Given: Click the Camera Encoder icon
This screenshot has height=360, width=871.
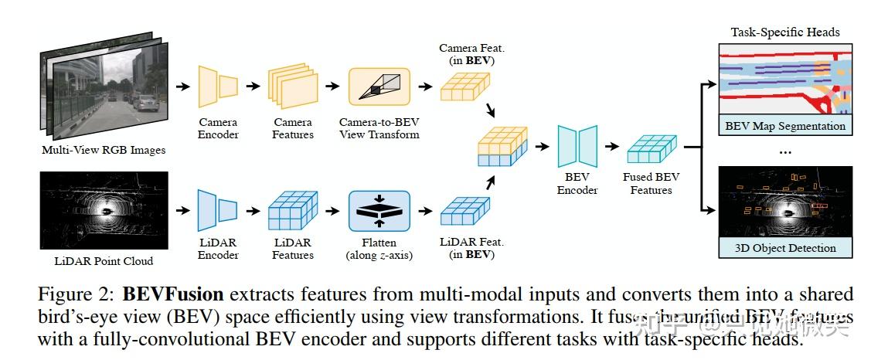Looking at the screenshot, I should pyautogui.click(x=218, y=86).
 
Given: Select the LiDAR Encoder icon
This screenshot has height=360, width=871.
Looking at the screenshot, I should pyautogui.click(x=218, y=209).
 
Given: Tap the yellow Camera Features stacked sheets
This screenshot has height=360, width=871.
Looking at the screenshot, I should pyautogui.click(x=293, y=87).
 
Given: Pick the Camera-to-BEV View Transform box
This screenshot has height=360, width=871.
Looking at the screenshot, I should pyautogui.click(x=379, y=87).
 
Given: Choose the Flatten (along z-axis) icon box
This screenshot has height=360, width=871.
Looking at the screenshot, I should pyautogui.click(x=379, y=209).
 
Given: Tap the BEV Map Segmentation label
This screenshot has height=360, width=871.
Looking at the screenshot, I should pyautogui.click(x=785, y=126).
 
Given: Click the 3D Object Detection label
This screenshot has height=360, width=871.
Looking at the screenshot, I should pyautogui.click(x=785, y=248).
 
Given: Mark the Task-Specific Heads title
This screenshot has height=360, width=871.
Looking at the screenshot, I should pyautogui.click(x=785, y=32).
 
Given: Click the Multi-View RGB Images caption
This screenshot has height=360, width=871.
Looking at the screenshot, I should pyautogui.click(x=104, y=150).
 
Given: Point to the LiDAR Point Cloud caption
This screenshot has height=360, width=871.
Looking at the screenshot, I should pyautogui.click(x=104, y=261).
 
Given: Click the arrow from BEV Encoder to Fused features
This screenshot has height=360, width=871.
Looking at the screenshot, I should pyautogui.click(x=611, y=147).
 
